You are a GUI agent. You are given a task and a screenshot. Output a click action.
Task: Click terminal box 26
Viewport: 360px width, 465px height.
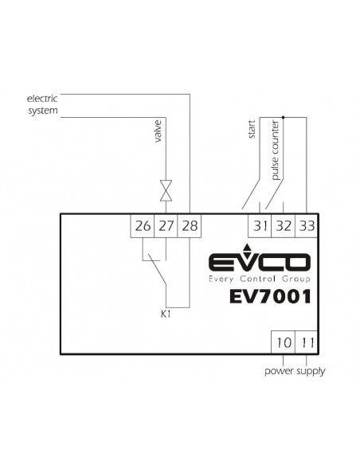click(x=143, y=225)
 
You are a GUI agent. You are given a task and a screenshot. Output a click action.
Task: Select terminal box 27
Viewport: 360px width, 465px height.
click(x=166, y=225)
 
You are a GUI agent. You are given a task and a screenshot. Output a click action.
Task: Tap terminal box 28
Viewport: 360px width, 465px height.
click(x=190, y=225)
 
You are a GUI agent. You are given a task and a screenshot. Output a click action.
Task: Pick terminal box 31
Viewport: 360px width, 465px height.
click(x=260, y=225)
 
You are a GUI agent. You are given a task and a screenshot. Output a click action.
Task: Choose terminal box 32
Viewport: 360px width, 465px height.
click(x=284, y=225)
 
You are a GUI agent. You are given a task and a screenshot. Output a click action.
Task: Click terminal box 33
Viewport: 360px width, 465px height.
click(x=307, y=225)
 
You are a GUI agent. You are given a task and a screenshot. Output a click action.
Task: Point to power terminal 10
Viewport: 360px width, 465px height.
click(x=284, y=342)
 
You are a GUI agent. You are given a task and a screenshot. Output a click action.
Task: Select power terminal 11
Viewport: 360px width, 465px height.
click(x=307, y=342)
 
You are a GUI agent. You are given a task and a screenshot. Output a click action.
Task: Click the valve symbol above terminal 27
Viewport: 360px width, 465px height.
click(x=166, y=190)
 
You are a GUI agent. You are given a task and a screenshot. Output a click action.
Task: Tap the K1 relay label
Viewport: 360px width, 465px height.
click(x=166, y=314)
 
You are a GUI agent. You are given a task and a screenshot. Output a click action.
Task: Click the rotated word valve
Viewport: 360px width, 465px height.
click(x=158, y=131)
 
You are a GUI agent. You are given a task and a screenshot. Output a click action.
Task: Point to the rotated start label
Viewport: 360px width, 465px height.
click(x=252, y=129)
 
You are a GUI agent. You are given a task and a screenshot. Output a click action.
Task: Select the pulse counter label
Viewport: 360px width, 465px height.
click(x=276, y=150)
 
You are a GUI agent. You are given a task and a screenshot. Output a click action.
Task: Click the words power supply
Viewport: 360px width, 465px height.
click(x=295, y=371)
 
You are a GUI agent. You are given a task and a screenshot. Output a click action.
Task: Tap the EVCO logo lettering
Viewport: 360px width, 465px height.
click(x=260, y=261)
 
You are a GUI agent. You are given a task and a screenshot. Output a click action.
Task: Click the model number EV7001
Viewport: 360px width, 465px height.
click(x=270, y=296)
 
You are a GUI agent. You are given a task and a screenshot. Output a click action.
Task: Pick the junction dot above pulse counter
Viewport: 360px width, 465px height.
click(x=284, y=117)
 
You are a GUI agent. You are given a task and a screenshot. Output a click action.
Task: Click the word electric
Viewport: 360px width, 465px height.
click(x=42, y=98)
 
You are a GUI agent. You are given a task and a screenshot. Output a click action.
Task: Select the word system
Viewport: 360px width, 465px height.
click(x=43, y=111)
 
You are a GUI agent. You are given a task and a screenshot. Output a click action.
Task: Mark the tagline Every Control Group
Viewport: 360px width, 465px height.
click(x=260, y=279)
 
